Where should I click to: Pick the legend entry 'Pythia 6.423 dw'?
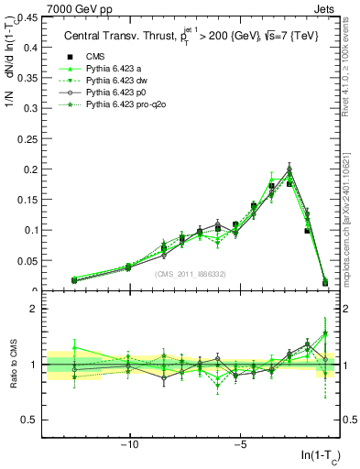click(x=119, y=81)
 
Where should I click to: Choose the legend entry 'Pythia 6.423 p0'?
click(x=118, y=93)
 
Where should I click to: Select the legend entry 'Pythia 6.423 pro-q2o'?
click(x=128, y=105)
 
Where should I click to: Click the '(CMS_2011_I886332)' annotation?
click(x=188, y=274)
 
